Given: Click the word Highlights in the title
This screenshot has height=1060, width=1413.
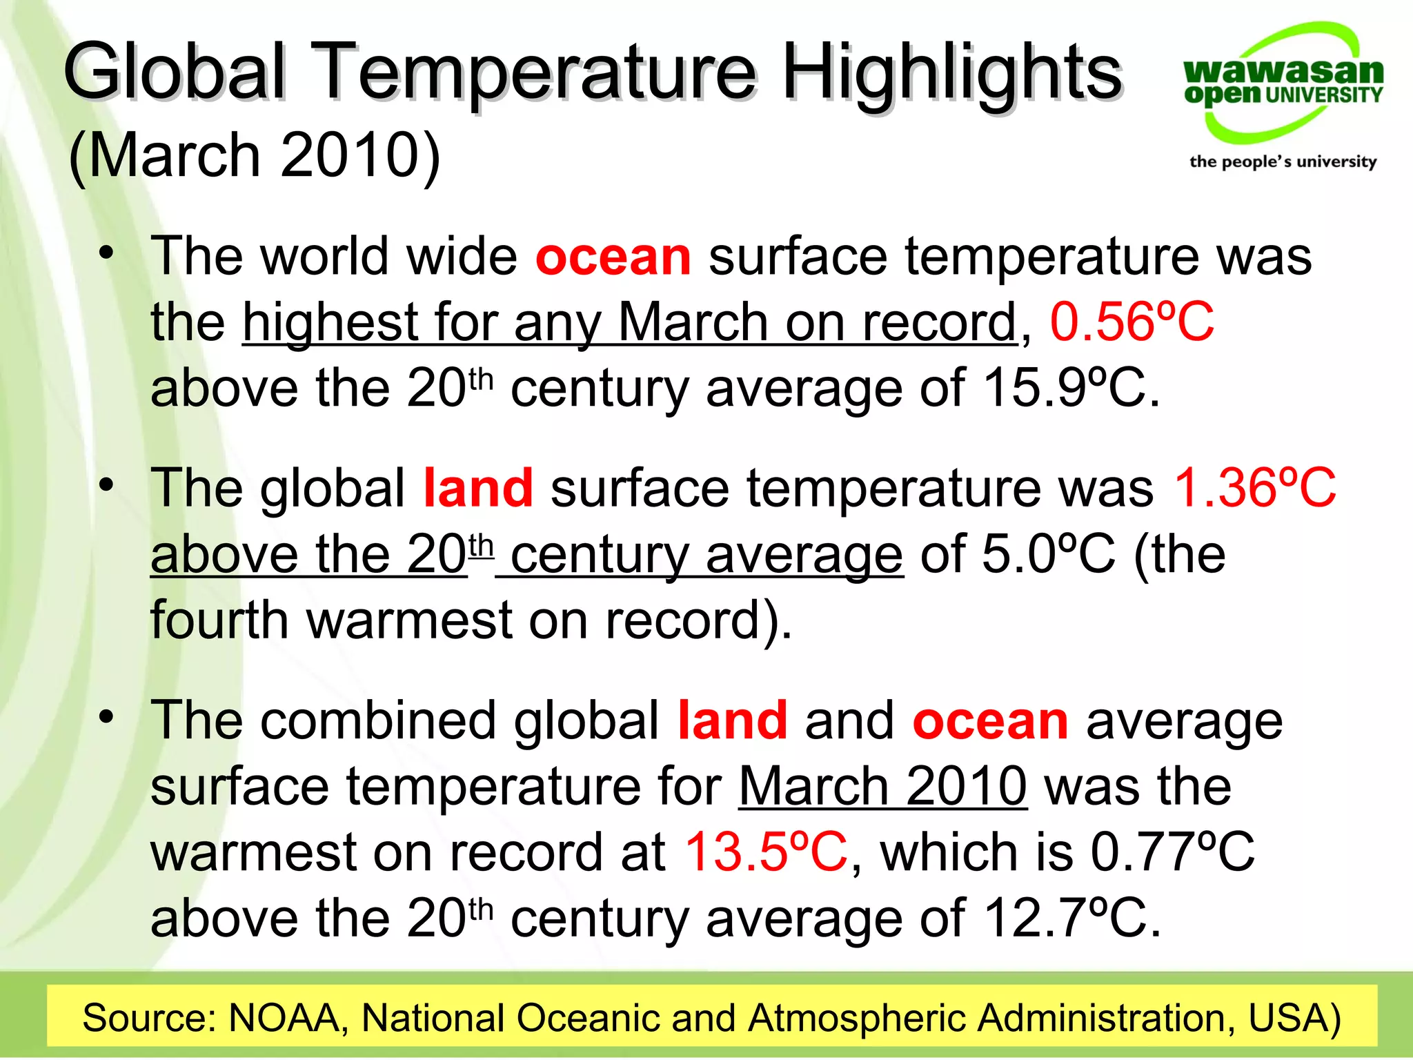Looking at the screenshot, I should click(x=952, y=72).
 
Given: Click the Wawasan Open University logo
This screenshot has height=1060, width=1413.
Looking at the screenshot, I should click(x=1283, y=83).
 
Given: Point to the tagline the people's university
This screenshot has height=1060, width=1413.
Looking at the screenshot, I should click(x=1283, y=161).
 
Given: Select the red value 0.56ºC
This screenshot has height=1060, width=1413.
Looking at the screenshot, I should click(x=1132, y=322).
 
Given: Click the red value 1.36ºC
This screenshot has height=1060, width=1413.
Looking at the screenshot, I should click(x=1255, y=488).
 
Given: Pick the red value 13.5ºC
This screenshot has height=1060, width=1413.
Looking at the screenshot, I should click(x=766, y=852).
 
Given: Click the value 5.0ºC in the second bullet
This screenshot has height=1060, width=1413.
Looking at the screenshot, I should click(x=1048, y=554).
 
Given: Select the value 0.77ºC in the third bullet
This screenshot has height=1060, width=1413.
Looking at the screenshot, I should click(x=1172, y=852).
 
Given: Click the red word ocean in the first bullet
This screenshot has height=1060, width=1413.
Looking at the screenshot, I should click(x=613, y=256).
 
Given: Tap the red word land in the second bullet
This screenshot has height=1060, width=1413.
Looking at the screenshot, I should click(x=478, y=488).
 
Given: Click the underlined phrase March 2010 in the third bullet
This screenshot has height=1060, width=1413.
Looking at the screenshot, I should click(x=883, y=786).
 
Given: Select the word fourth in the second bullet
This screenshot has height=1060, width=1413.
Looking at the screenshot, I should click(x=219, y=620).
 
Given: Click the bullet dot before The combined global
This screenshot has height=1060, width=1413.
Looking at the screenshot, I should click(x=106, y=717).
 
